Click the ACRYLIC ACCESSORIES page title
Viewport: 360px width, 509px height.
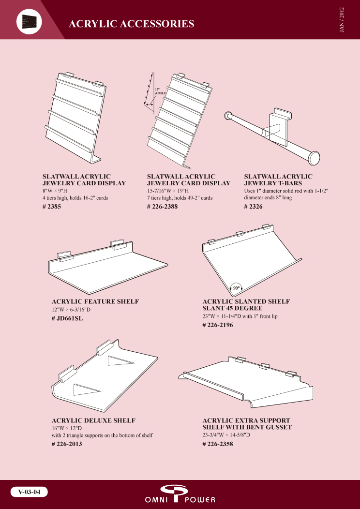click(132, 24)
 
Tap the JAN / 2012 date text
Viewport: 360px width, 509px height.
click(341, 19)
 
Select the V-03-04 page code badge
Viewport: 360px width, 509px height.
click(29, 492)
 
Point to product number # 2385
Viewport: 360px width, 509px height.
click(52, 207)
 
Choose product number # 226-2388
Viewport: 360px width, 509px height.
click(162, 207)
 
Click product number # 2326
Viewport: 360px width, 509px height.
click(253, 207)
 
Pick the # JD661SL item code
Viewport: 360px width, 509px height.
click(67, 318)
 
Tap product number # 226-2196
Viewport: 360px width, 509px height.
click(218, 325)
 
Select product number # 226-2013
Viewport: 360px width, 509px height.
click(67, 444)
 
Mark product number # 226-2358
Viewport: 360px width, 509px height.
click(218, 444)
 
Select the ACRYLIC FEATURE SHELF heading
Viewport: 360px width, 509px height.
click(95, 301)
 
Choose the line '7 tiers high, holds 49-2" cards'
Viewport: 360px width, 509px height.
click(180, 198)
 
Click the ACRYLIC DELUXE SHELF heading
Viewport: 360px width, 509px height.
click(93, 421)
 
